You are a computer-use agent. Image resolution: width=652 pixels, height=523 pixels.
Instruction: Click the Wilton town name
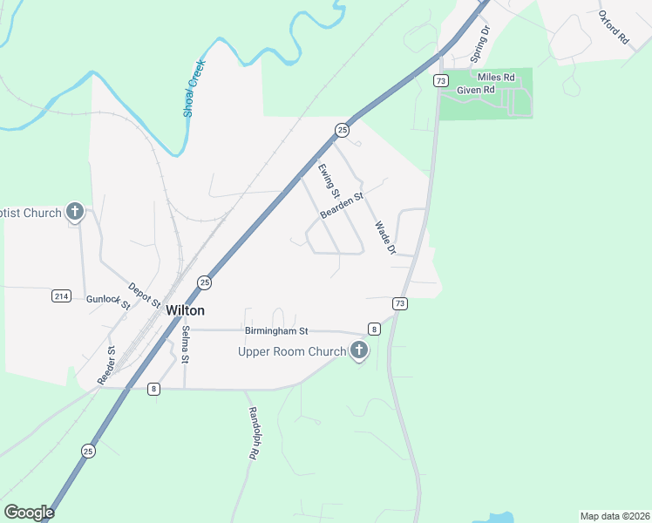click(185, 310)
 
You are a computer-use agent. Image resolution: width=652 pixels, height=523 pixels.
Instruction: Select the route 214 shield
click(60, 295)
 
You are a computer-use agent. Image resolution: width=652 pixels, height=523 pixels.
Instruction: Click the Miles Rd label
click(497, 78)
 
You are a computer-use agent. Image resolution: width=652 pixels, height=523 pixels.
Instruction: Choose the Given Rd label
click(476, 90)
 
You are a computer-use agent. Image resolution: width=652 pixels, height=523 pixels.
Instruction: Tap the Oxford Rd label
click(614, 28)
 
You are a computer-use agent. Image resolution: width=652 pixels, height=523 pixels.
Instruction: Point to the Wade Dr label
click(384, 237)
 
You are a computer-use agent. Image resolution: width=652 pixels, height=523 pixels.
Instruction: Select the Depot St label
click(145, 295)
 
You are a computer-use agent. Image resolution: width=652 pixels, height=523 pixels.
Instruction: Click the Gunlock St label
click(107, 301)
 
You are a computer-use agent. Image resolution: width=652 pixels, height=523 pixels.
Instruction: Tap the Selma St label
click(186, 345)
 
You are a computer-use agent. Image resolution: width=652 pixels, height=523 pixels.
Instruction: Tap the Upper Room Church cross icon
click(358, 351)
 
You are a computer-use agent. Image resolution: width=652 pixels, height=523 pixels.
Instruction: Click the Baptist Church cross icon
click(75, 212)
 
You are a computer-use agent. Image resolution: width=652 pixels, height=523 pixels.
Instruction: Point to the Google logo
click(29, 513)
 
